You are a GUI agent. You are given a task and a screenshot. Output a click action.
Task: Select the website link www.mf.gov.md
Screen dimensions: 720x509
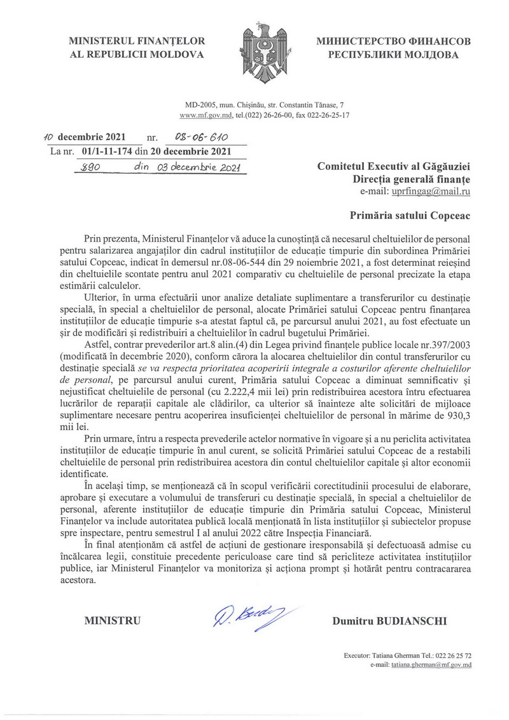200,116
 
